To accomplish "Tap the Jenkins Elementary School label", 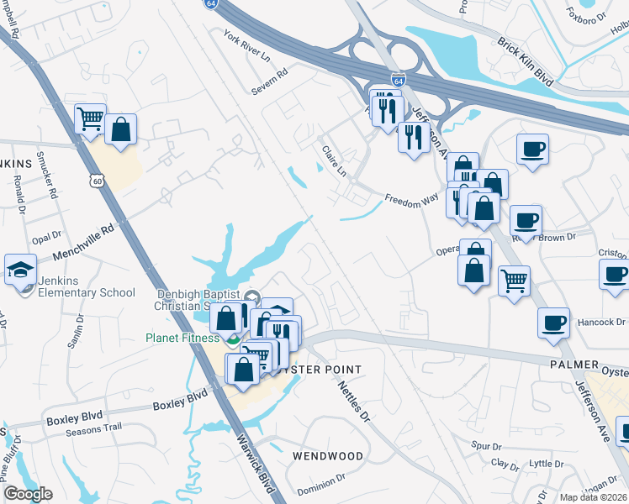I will (86, 292).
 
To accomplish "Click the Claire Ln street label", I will (334, 160).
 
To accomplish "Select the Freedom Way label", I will (412, 201).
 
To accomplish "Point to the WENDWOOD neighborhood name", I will (328, 456).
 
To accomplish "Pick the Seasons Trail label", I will (96, 428).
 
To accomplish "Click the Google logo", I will (27, 494).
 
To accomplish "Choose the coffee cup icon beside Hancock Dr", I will (554, 323).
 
